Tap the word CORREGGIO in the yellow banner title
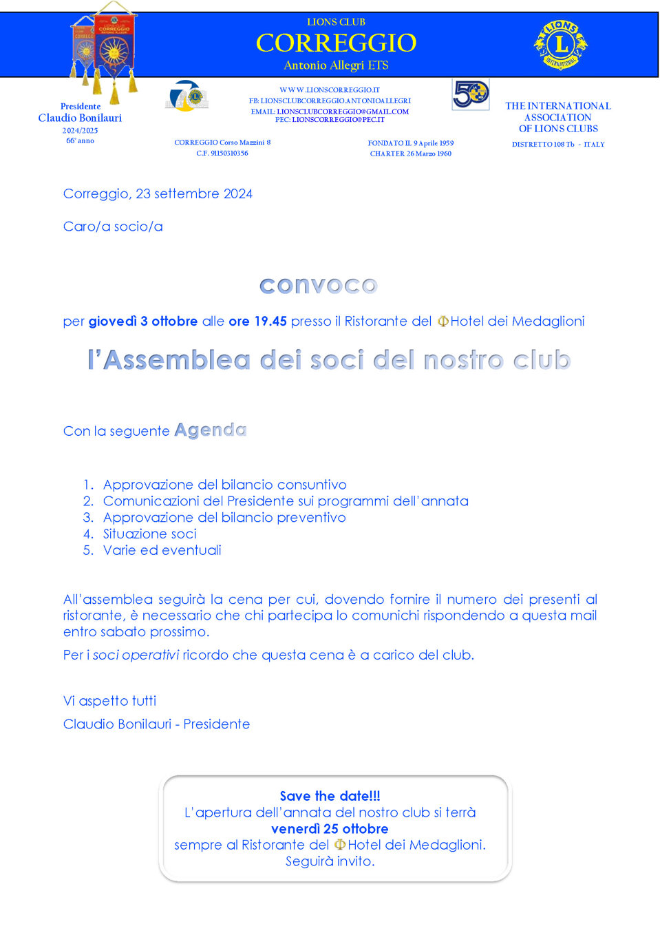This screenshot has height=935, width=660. pyautogui.click(x=336, y=43)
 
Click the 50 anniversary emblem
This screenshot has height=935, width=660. pyautogui.click(x=471, y=94)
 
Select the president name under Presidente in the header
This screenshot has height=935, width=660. pyautogui.click(x=80, y=118)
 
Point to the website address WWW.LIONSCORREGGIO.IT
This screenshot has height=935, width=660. pyautogui.click(x=330, y=90)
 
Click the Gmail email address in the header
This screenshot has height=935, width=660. pyautogui.click(x=343, y=112)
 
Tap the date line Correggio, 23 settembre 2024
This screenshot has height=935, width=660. pyautogui.click(x=158, y=194)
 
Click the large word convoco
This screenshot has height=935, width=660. pyautogui.click(x=318, y=285)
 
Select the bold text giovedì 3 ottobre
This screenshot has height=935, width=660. pyautogui.click(x=143, y=322)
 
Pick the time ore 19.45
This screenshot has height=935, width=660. pyautogui.click(x=257, y=322)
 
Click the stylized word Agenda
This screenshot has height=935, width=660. pyautogui.click(x=211, y=430)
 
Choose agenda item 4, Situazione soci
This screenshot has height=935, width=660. pyautogui.click(x=149, y=534)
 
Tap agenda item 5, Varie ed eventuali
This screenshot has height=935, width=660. pyautogui.click(x=162, y=551)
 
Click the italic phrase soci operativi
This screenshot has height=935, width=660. pyautogui.click(x=136, y=655)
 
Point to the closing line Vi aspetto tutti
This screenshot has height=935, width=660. pyautogui.click(x=109, y=701)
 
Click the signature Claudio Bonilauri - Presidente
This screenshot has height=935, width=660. pyautogui.click(x=156, y=724)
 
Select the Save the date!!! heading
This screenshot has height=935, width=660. pyautogui.click(x=330, y=797)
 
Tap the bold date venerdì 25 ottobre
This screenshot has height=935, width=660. pyautogui.click(x=330, y=829)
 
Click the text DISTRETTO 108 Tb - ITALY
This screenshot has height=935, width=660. pyautogui.click(x=558, y=145)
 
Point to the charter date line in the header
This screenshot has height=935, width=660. pyautogui.click(x=411, y=154)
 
